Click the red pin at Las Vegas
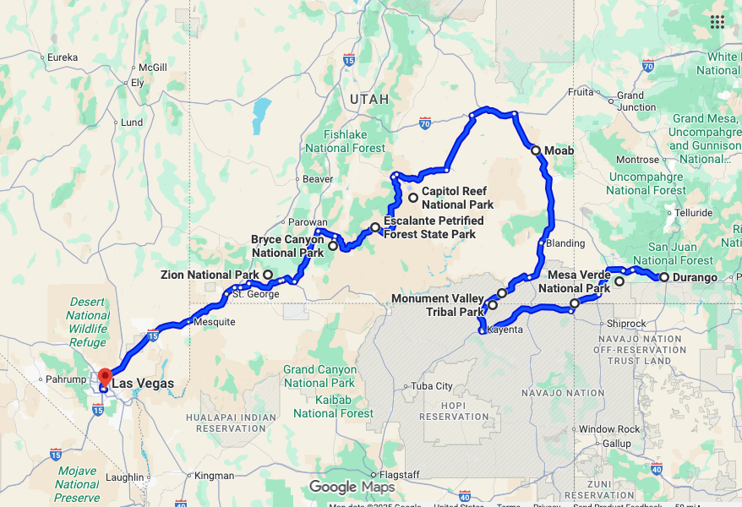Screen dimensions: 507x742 (104, 376)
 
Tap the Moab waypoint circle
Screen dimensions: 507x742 (536, 150)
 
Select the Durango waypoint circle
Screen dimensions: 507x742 (664, 277)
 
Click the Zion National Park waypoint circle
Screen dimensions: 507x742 (268, 275)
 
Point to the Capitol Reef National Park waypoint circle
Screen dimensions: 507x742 (413, 199)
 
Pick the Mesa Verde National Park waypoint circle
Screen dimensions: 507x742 (619, 281)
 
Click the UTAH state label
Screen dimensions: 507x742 (369, 99)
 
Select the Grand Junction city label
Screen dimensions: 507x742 (636, 101)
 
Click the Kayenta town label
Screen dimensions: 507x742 (506, 330)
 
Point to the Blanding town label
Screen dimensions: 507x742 (565, 243)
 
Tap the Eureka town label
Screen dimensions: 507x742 (63, 57)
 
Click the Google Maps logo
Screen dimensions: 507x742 (352, 487)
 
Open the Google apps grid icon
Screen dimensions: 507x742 (717, 22)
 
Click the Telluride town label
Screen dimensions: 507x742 (693, 213)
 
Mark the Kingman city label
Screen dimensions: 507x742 (214, 476)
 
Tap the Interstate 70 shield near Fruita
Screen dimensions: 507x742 (648, 65)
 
